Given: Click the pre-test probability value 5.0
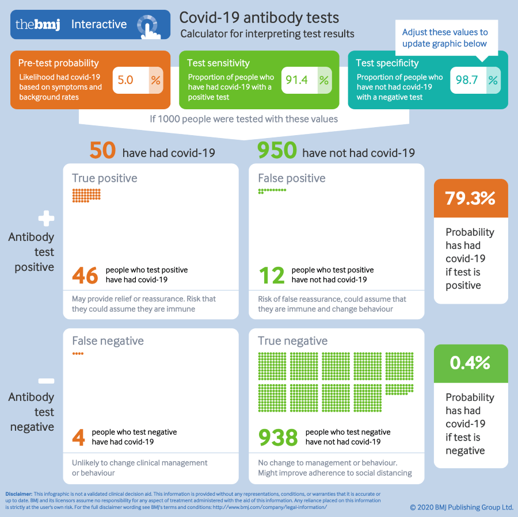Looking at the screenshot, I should tap(125, 80).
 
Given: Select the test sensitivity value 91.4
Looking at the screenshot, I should tap(296, 80).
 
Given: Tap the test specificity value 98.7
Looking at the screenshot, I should tap(467, 80).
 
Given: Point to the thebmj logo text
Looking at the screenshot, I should tap(37, 25).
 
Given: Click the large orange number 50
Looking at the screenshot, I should tap(103, 151).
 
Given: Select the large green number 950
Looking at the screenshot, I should tap(277, 151).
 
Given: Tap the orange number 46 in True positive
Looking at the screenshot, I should tap(85, 275).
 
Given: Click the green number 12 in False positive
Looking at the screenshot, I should tap(271, 275).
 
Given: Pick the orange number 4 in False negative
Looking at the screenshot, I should tap(78, 437).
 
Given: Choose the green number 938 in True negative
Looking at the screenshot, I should tap(277, 437).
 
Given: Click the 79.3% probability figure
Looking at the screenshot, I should tap(470, 198).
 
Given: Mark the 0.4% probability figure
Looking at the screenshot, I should tap(470, 363).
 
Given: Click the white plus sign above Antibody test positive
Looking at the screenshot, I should tap(46, 219).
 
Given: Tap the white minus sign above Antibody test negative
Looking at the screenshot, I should tap(46, 380).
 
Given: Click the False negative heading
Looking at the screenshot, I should tap(108, 341).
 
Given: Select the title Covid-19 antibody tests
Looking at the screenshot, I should tap(260, 18).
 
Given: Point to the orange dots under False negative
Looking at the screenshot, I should tap(78, 354).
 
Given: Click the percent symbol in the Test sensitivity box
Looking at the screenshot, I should tap(324, 80).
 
